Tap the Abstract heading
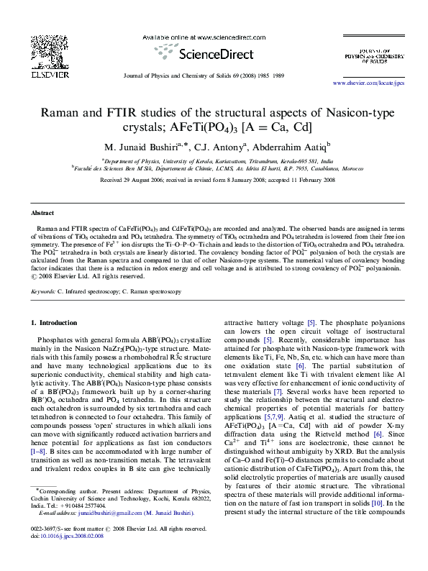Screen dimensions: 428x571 click(x=45, y=214)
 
